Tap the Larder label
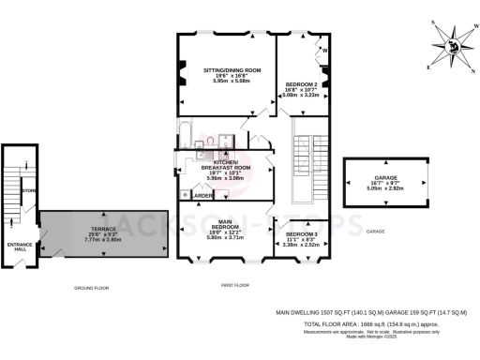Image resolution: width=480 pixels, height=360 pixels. [x=202, y=196]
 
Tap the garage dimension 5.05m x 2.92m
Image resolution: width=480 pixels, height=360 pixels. [x=383, y=187]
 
